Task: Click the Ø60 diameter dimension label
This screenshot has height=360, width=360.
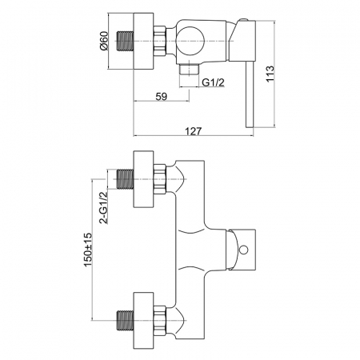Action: click(x=104, y=41)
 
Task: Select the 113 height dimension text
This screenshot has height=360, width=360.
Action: click(x=270, y=74)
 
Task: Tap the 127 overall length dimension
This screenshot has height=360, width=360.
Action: click(x=194, y=131)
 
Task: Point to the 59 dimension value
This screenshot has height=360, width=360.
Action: click(x=162, y=96)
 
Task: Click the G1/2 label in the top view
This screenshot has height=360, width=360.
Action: click(x=213, y=82)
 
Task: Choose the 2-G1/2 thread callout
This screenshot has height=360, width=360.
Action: click(x=103, y=207)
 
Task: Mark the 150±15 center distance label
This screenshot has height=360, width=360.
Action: click(x=88, y=250)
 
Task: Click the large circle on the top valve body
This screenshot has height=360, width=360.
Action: click(x=190, y=41)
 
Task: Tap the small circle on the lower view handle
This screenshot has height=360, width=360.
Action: click(x=243, y=250)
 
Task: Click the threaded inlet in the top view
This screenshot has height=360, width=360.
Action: click(x=125, y=41)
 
